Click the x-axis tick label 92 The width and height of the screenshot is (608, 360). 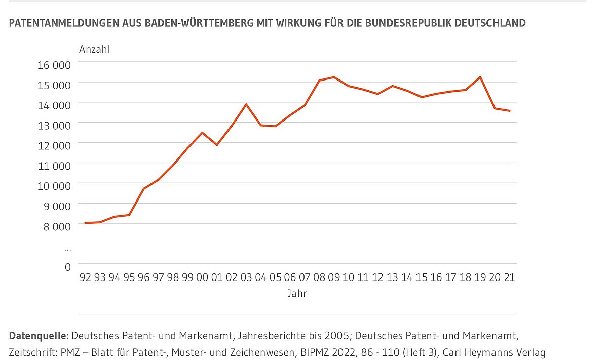point(85,277)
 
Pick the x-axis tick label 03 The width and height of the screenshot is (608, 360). point(246,277)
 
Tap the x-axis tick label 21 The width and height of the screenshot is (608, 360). point(510,277)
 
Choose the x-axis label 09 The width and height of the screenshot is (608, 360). point(334,277)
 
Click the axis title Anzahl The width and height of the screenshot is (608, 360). point(95,49)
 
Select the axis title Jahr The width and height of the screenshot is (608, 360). point(297,293)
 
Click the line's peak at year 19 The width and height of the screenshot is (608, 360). point(480,77)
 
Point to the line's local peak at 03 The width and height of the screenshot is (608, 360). point(246,104)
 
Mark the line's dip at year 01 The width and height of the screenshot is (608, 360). point(217,145)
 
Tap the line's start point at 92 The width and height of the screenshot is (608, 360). point(85,223)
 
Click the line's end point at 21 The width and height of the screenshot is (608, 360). point(510,111)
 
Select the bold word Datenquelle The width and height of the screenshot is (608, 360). point(39,335)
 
